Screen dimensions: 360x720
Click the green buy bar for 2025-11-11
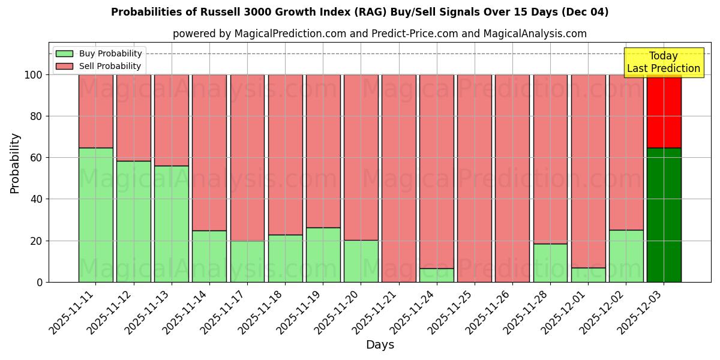95,215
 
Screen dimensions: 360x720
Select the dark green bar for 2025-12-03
664,215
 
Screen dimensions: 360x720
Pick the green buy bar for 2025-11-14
209,256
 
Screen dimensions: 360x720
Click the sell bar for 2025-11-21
398,178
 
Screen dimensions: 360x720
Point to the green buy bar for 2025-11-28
550,263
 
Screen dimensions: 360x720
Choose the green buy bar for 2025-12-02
626,256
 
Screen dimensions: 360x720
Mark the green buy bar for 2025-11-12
133,221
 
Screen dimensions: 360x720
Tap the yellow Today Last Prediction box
663,62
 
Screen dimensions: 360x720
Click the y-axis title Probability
15,163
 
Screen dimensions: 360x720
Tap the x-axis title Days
380,345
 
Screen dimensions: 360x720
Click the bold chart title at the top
359,12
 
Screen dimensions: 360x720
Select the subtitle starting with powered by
379,34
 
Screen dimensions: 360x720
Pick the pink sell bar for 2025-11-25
474,178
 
